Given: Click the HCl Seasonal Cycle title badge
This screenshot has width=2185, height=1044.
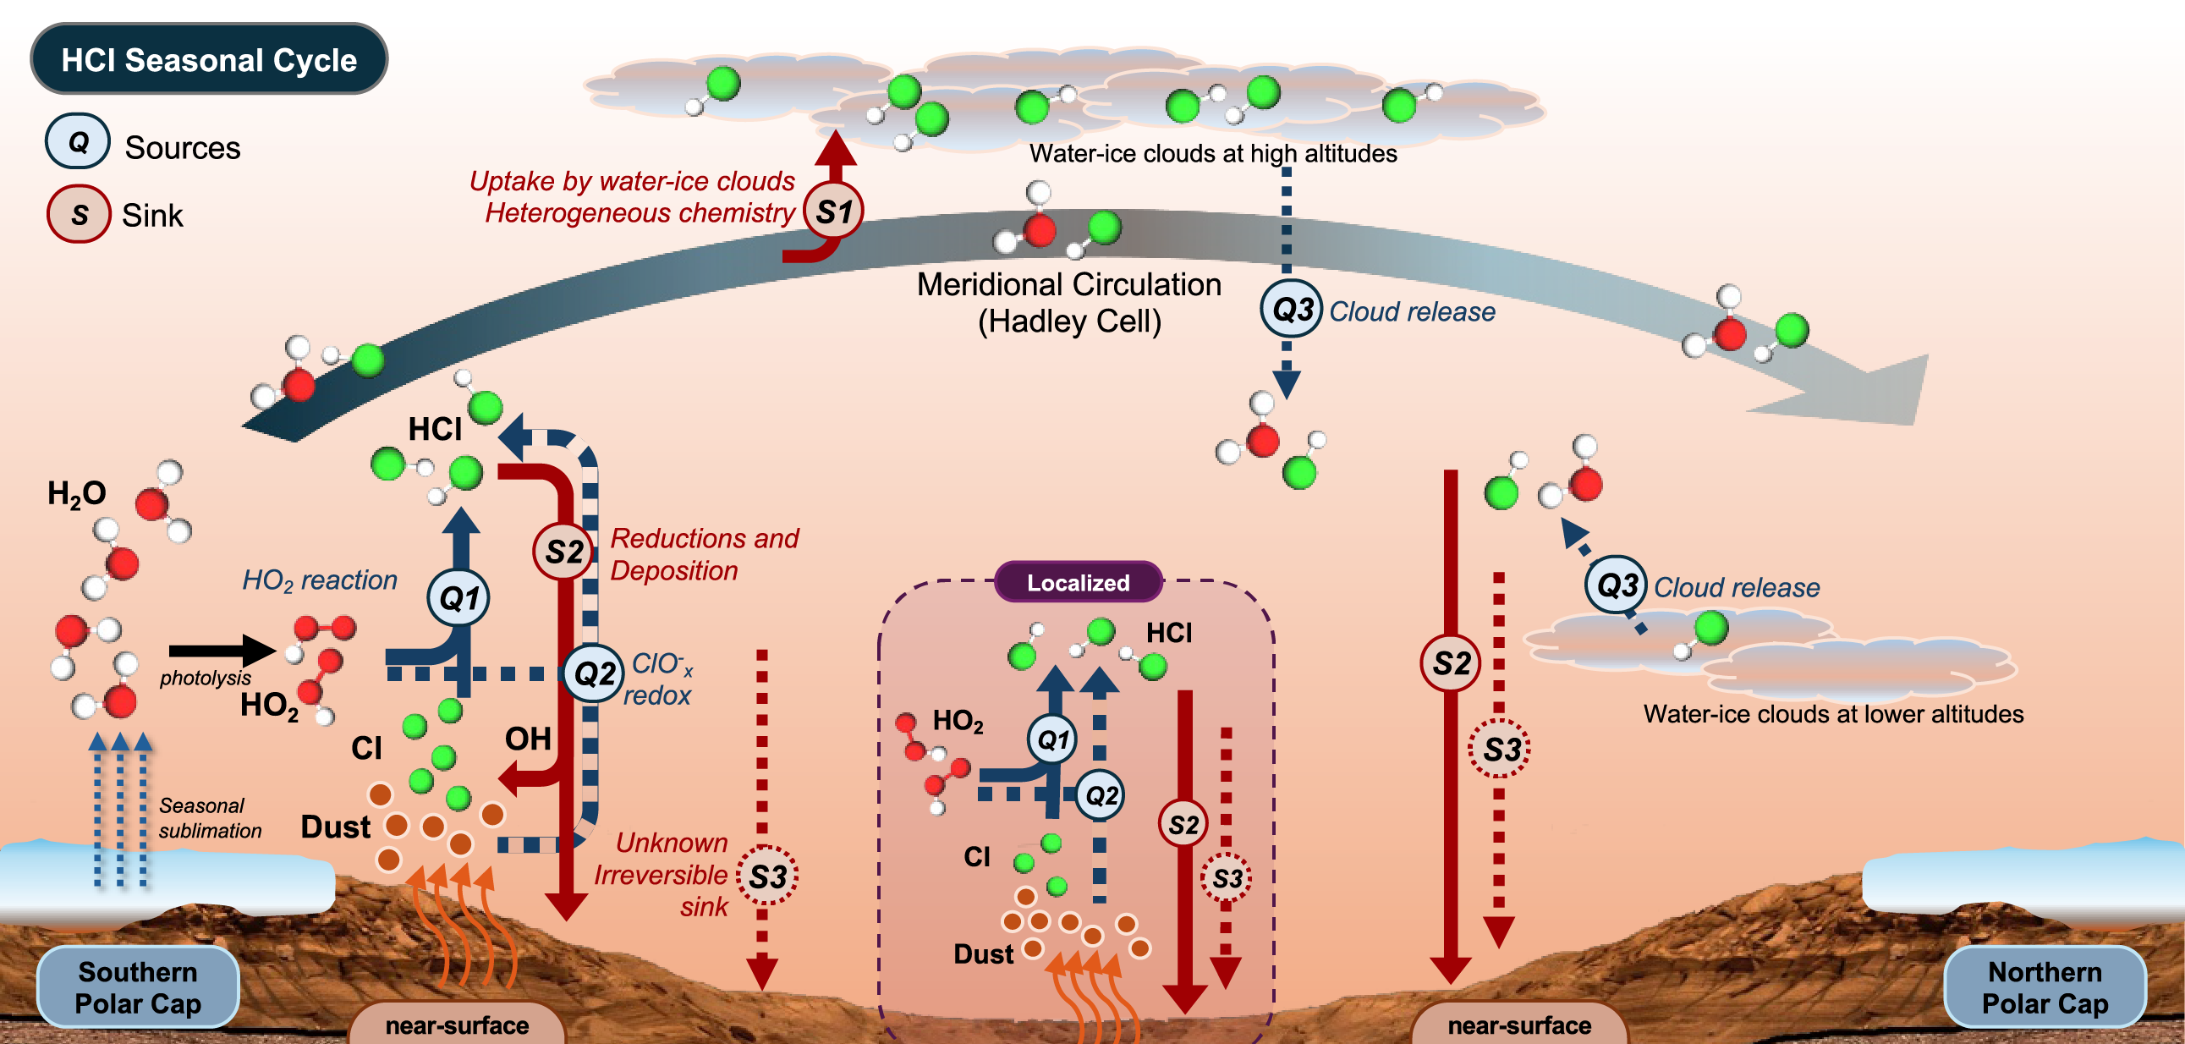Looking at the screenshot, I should (x=209, y=59).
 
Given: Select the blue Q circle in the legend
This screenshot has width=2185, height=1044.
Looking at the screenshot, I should (x=78, y=140).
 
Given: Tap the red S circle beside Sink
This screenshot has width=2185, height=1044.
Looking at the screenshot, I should (x=79, y=214).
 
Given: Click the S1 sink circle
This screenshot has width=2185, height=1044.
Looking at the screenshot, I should (x=833, y=212).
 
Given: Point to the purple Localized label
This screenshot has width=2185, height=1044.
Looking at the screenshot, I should (x=1077, y=583).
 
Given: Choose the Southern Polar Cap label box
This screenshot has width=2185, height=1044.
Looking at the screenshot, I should (x=137, y=987).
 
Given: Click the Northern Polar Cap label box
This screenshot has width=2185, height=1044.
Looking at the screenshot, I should (x=2045, y=987).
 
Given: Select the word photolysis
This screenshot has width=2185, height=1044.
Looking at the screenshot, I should (x=206, y=678).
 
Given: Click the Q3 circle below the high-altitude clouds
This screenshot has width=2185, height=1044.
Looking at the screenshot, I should (x=1291, y=310).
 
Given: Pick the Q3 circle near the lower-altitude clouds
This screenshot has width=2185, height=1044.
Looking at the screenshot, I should (x=1616, y=585).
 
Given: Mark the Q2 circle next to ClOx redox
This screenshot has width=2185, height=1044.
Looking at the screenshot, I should (x=595, y=673).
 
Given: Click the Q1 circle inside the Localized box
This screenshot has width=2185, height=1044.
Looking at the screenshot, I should (x=1052, y=739).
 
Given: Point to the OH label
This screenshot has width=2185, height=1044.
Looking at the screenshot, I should (x=528, y=739).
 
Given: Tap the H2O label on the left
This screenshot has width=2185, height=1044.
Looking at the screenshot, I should (x=76, y=492).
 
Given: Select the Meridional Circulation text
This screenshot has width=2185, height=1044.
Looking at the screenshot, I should (x=1068, y=285).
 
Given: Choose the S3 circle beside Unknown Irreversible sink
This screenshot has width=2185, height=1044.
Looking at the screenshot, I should (x=766, y=876).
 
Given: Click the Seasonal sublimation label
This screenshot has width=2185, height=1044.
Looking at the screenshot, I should (x=209, y=817).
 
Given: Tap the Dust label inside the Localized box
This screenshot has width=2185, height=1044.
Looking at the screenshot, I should (x=983, y=954).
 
